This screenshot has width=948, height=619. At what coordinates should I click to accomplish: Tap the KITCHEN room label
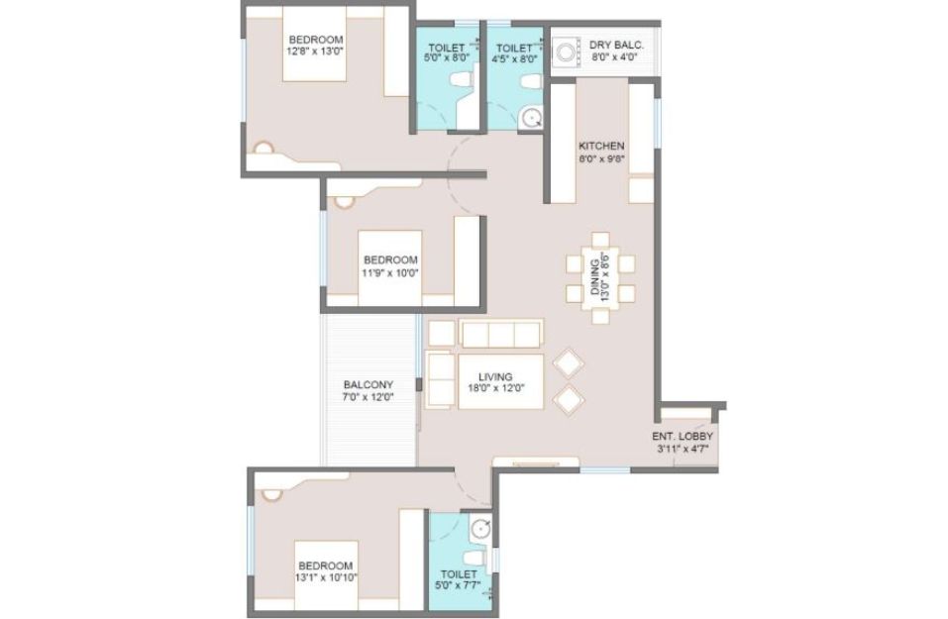(601, 147)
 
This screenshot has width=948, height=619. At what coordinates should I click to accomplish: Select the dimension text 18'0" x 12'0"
(495, 388)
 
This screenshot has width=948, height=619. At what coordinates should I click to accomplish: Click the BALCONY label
(369, 384)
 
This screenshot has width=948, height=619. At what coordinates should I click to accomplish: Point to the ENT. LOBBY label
(682, 437)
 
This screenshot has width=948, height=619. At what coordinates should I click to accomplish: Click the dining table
(600, 278)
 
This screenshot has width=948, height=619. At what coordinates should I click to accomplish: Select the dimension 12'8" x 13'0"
(315, 52)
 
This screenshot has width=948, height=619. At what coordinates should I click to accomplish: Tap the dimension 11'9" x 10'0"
(390, 272)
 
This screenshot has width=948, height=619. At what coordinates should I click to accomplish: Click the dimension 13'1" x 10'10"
(327, 577)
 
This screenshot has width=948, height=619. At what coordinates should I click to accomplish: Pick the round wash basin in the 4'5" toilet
(531, 117)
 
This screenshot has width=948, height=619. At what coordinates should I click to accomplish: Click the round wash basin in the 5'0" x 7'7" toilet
(480, 529)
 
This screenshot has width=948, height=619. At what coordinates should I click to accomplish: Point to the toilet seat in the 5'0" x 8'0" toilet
(462, 78)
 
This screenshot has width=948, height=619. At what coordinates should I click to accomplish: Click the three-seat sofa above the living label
(500, 334)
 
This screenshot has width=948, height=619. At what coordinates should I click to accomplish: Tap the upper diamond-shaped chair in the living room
(569, 363)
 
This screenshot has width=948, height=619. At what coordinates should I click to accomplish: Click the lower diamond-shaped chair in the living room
(569, 399)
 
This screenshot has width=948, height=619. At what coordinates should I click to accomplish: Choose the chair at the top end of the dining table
(600, 240)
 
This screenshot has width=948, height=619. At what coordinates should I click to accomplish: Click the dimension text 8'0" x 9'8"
(601, 159)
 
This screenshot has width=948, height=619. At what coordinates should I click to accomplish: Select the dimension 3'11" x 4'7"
(682, 449)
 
